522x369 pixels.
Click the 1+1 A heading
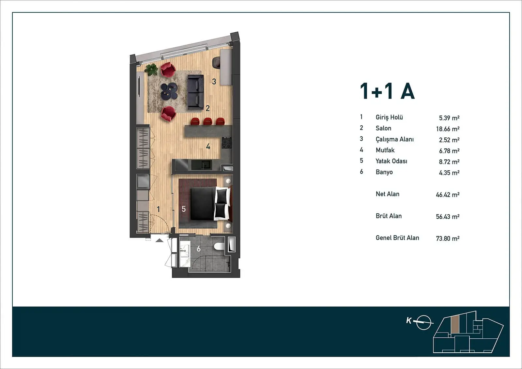pyautogui.click(x=387, y=91)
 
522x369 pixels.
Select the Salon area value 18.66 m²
pyautogui.click(x=448, y=129)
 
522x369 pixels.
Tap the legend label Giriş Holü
pyautogui.click(x=389, y=117)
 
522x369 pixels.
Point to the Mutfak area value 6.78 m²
pyautogui.click(x=449, y=151)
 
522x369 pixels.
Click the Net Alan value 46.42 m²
pyautogui.click(x=448, y=194)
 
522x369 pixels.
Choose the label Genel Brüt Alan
pyautogui.click(x=397, y=238)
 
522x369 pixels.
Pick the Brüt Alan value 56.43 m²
pyautogui.click(x=448, y=216)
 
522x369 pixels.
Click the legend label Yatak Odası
pyautogui.click(x=391, y=161)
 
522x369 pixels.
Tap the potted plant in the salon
pyautogui.click(x=151, y=69)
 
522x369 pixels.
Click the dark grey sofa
pyautogui.click(x=196, y=92)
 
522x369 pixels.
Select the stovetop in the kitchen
pyautogui.click(x=226, y=143)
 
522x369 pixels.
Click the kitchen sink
pyautogui.click(x=202, y=164)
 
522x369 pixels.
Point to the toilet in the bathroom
pyautogui.click(x=219, y=246)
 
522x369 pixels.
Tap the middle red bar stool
pyautogui.click(x=207, y=121)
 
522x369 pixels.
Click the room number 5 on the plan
pyautogui.click(x=184, y=209)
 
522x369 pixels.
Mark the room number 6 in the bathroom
pyautogui.click(x=199, y=249)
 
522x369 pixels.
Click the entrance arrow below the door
pyautogui.click(x=160, y=240)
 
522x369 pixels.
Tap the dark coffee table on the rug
pyautogui.click(x=169, y=91)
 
